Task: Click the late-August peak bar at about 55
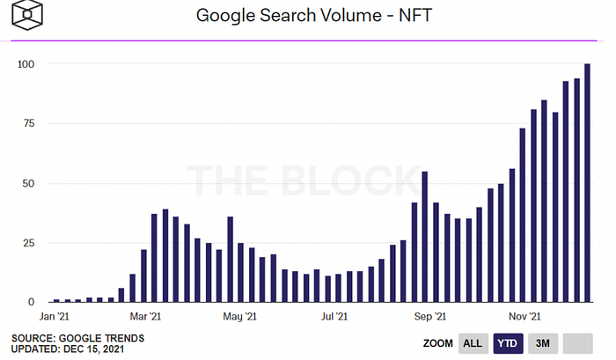(x=425, y=237)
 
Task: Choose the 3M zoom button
(x=542, y=342)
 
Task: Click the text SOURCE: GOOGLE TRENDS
(x=78, y=337)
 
